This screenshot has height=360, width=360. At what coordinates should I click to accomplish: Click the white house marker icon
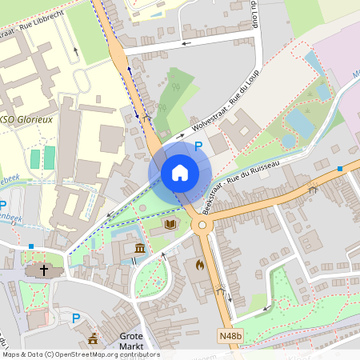coord(180,173)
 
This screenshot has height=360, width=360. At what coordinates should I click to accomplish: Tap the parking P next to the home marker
coord(198,146)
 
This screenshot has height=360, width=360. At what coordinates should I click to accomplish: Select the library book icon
coord(170,225)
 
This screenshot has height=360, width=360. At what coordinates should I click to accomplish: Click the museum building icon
coord(140,247)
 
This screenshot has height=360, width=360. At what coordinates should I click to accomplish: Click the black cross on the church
coord(45,270)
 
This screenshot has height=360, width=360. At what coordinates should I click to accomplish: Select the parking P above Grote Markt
coord(77,318)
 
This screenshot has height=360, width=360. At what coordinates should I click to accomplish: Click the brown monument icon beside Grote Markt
coord(93,338)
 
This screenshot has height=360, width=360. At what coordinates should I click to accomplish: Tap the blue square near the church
coord(31,246)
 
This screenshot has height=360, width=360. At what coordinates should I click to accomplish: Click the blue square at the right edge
coord(340,169)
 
